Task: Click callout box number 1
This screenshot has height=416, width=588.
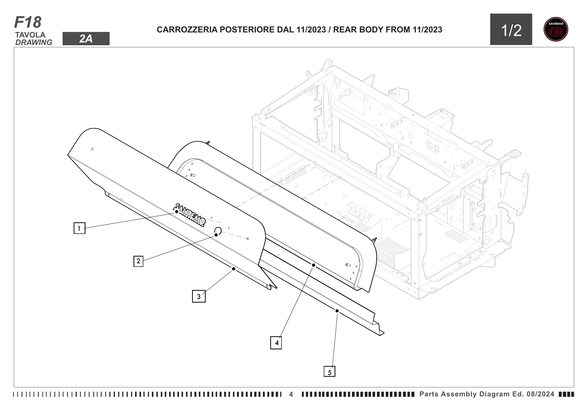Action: pos(79,228)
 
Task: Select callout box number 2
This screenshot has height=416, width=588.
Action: pos(138,261)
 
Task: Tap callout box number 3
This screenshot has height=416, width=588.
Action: pos(199,296)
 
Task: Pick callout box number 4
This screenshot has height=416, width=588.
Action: pos(276,343)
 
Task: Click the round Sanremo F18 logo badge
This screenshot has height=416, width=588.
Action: pos(556,29)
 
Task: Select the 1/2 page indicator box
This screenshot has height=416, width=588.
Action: pos(511,29)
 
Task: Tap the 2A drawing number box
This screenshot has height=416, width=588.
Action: pos(86,39)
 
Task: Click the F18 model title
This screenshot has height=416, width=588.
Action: pos(28,22)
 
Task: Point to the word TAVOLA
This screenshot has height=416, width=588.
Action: pos(30,35)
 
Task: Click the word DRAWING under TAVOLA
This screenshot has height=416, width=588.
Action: pos(33,43)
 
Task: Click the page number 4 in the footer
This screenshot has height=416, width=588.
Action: pos(291,394)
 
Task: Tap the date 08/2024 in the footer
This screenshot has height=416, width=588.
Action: pos(540,394)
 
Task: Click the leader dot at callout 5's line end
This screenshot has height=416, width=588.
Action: pos(337,311)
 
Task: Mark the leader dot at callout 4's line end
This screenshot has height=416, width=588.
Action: pos(313,265)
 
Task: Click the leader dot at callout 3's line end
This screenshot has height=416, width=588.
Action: pos(234,269)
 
